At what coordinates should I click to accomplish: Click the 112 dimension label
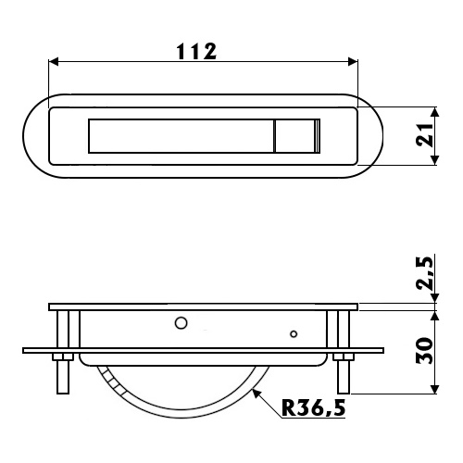(196, 52)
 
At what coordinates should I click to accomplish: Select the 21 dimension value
(424, 135)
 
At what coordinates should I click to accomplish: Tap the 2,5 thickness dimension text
(424, 273)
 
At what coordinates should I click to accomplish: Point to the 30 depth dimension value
(424, 350)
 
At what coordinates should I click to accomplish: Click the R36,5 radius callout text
(313, 407)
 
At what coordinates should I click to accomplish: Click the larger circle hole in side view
(181, 323)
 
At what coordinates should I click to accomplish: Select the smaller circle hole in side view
(294, 333)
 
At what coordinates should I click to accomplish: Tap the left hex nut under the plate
(63, 357)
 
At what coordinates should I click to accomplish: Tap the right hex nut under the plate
(344, 357)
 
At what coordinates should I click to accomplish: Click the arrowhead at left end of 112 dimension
(53, 61)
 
